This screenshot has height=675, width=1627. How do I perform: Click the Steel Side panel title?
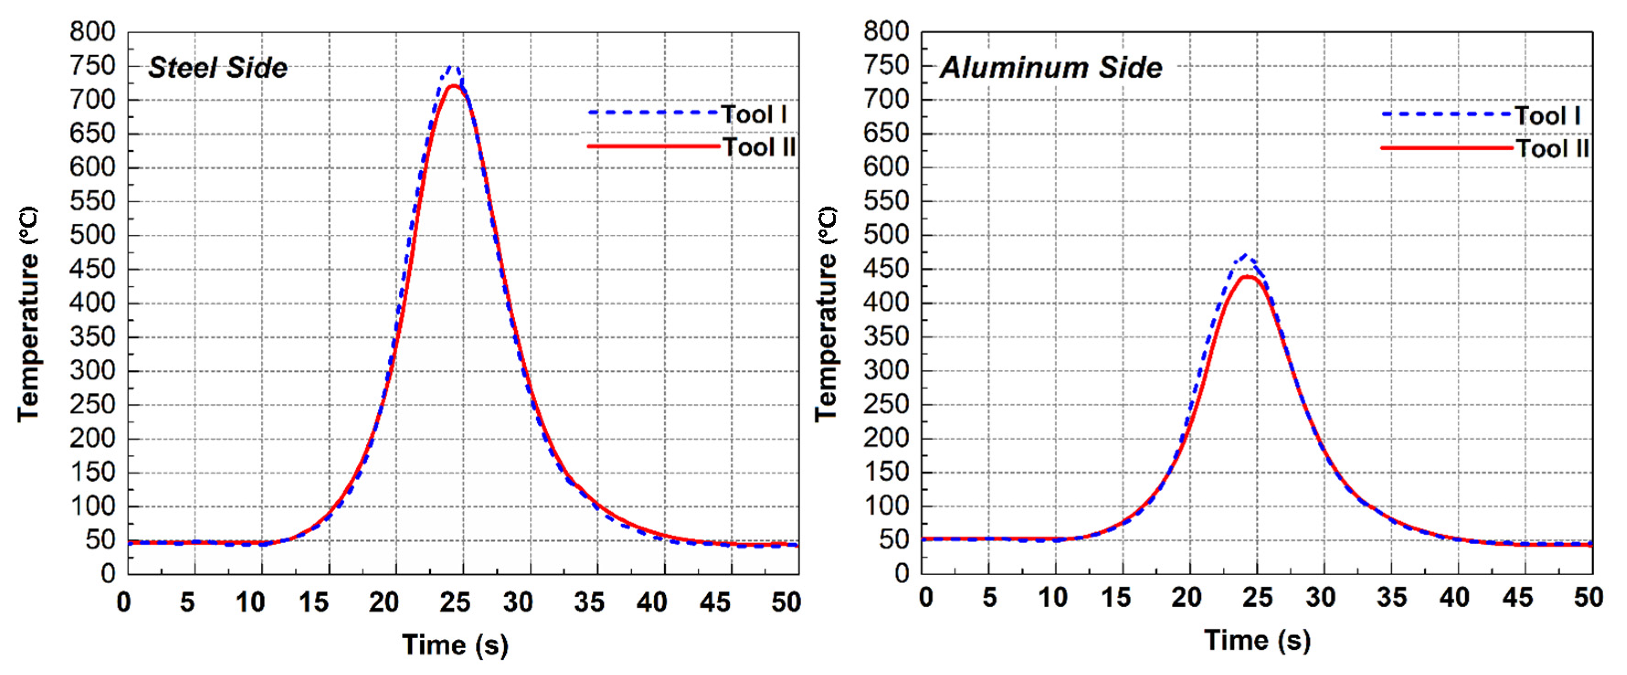tap(217, 68)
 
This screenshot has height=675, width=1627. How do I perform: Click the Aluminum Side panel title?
tap(1051, 68)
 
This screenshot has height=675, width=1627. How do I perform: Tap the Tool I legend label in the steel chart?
tap(754, 114)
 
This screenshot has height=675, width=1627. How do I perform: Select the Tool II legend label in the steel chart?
tap(758, 147)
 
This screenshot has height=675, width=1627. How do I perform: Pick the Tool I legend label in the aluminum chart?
tap(1548, 116)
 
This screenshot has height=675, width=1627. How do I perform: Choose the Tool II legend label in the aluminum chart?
tap(1552, 149)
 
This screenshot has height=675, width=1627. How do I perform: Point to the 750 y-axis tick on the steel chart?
tap(93, 66)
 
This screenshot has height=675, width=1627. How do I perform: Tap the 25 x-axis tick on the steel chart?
tap(455, 602)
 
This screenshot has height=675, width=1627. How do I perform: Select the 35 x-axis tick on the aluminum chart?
tap(1391, 597)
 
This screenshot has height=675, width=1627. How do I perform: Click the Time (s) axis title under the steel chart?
tap(455, 645)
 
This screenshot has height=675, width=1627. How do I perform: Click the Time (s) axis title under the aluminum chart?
tap(1257, 641)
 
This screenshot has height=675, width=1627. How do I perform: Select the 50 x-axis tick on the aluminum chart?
tap(1588, 597)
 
